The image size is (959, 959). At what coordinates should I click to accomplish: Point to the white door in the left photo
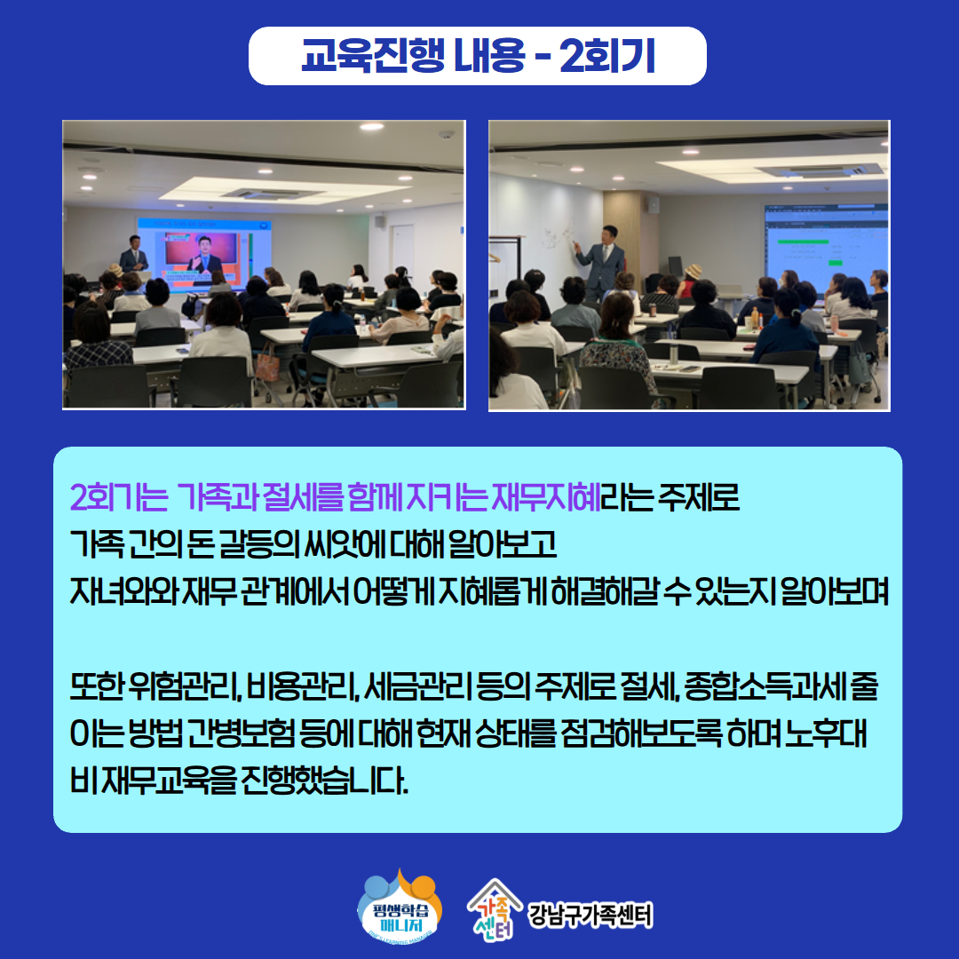pos(402,250)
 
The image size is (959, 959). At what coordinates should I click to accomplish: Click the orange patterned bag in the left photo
pos(266,367)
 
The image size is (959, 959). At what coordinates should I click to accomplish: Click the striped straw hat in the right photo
pos(693,271)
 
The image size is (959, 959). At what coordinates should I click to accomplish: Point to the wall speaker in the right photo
pos(654,205)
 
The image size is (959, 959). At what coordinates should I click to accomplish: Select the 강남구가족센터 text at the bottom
pos(590,915)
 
